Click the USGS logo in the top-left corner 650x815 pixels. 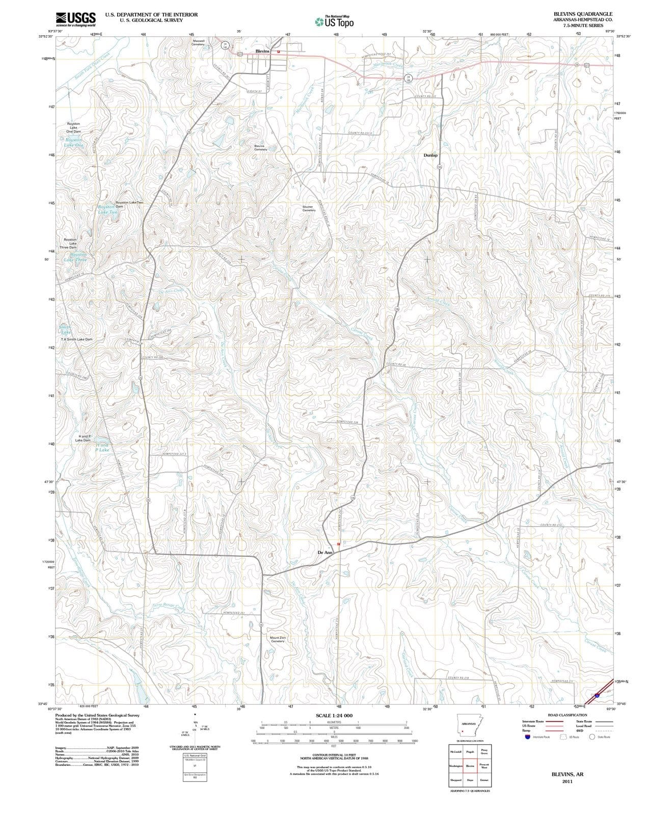pos(75,19)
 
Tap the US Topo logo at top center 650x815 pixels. pos(333,21)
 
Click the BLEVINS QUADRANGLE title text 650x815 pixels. pos(583,14)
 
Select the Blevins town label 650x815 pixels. pos(262,51)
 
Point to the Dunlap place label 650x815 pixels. pos(430,155)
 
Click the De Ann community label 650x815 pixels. pos(325,552)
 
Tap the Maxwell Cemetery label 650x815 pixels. pos(198,42)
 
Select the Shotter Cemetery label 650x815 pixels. pos(309,208)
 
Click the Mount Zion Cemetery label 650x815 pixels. pos(278,639)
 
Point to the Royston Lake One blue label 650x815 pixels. pos(73,142)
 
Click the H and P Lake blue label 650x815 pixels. pos(102,448)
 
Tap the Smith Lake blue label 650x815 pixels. pos(65,330)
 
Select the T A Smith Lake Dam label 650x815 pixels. pos(77,339)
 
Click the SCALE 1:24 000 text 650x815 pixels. pos(334,716)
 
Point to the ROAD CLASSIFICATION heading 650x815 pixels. pos(567,715)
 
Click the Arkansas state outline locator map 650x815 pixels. pos(470,725)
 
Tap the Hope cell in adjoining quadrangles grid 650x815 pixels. pos(470,780)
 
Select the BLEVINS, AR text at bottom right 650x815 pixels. pos(567,774)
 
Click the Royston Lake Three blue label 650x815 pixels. pos(75,257)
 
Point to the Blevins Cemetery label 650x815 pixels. pos(260,148)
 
